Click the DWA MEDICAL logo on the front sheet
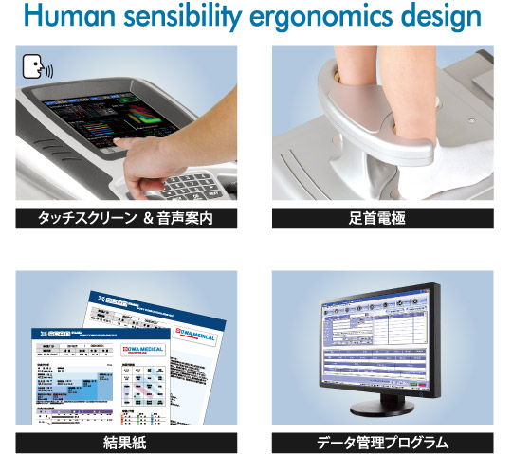pyautogui.click(x=141, y=350)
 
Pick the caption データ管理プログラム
pyautogui.click(x=383, y=442)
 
